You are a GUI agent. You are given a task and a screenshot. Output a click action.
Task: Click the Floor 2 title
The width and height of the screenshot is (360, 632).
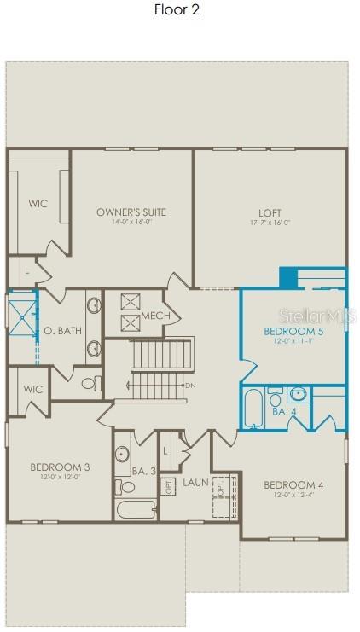177,10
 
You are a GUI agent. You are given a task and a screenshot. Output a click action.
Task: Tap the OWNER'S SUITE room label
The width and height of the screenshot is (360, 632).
131,212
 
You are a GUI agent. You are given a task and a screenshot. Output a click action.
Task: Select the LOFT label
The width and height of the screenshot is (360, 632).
270,212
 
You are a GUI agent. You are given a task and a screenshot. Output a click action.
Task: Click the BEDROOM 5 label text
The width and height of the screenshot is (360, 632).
293,330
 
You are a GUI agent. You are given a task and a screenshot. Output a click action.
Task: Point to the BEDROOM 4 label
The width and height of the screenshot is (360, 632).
293,484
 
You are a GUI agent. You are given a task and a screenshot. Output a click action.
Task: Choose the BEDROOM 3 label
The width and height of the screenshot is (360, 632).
60,467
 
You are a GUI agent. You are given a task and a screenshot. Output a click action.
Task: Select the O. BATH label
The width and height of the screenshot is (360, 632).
62,330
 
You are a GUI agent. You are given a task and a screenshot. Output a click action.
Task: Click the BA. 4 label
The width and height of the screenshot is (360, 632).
284,411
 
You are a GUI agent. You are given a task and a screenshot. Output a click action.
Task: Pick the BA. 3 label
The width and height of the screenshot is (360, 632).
144,470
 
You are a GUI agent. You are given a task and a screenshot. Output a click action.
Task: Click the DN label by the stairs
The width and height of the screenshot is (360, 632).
191,386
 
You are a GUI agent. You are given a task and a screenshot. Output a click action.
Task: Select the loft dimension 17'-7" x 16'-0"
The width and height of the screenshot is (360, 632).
270,223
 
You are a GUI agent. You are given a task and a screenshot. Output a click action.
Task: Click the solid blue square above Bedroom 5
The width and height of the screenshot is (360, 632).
288,279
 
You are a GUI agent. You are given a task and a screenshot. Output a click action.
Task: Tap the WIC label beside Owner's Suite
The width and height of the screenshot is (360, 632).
38,204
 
